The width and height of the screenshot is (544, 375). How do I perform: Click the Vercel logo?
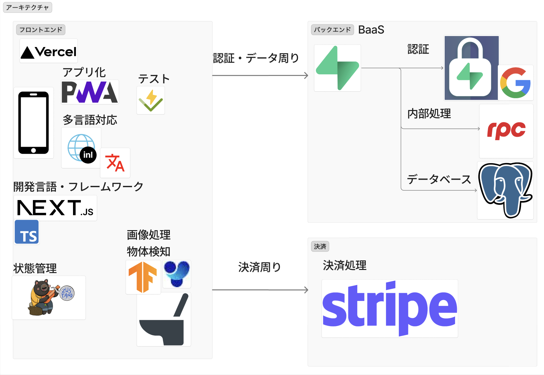click(x=49, y=51)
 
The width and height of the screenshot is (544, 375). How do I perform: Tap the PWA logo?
click(x=90, y=92)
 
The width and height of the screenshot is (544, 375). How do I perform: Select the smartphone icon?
click(x=34, y=123)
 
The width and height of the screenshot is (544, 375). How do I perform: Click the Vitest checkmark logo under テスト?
click(x=151, y=100)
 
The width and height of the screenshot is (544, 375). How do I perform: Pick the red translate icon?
click(x=115, y=163)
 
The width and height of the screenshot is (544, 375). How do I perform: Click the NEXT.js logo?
click(x=55, y=208)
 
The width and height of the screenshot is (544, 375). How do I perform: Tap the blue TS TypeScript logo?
click(x=27, y=232)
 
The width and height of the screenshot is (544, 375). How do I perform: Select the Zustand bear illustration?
click(x=50, y=297)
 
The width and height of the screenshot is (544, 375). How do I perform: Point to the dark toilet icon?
click(x=164, y=319)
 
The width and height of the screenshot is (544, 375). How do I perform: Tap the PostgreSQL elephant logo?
click(x=505, y=190)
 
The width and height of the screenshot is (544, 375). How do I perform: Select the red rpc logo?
click(x=506, y=130)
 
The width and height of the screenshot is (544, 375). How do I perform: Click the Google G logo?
click(x=515, y=82)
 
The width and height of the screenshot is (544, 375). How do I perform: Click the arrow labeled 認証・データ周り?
click(x=260, y=75)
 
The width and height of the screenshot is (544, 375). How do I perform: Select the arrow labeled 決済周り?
click(x=260, y=290)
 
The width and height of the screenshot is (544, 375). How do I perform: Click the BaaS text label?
click(x=371, y=30)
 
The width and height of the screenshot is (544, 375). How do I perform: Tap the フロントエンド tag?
click(x=41, y=30)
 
